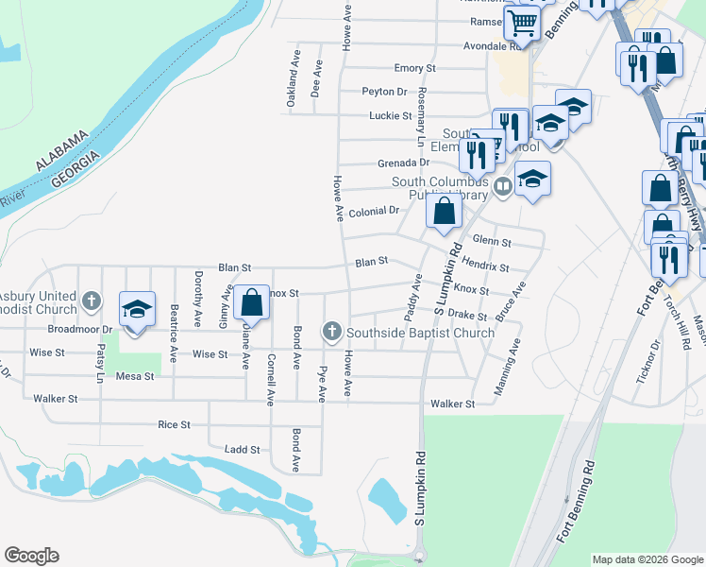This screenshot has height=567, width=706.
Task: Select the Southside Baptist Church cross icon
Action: (x=330, y=331)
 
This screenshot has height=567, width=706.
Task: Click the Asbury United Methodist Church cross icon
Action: (x=92, y=301)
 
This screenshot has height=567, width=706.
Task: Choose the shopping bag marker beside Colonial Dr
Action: (x=444, y=212)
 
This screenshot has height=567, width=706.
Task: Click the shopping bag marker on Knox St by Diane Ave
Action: (x=251, y=303)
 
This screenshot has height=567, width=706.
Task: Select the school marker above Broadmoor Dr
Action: (x=137, y=309)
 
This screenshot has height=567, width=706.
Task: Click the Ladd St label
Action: (x=242, y=450)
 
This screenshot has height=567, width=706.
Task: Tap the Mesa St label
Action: (x=134, y=376)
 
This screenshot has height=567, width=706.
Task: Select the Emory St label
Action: (x=415, y=69)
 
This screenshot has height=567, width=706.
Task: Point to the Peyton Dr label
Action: (x=384, y=92)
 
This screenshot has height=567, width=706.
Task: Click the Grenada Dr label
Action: (x=403, y=163)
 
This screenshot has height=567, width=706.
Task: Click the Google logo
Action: (x=31, y=556)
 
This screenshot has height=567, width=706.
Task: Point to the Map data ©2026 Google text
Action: (x=647, y=559)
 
